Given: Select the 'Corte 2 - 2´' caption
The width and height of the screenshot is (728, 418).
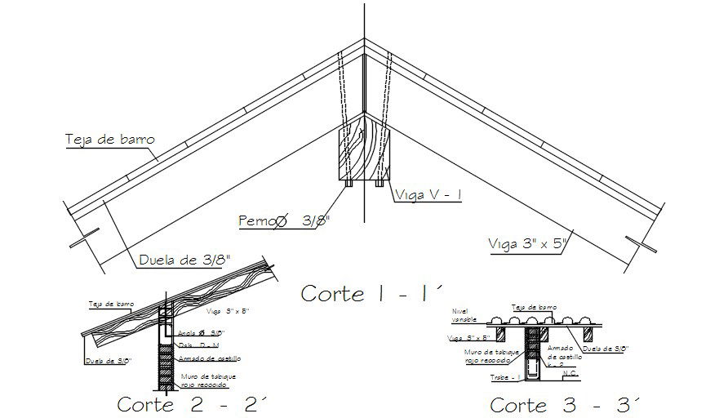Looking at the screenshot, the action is [193, 403].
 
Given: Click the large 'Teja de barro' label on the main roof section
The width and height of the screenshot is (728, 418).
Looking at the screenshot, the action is [109, 139].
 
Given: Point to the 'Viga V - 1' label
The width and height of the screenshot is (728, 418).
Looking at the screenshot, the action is [428, 194].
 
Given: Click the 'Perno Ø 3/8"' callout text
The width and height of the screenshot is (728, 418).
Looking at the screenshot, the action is [285, 220].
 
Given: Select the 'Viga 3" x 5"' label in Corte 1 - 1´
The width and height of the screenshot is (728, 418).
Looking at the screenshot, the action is [526, 242].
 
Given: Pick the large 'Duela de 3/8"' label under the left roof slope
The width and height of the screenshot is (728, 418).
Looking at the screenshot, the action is [184, 260].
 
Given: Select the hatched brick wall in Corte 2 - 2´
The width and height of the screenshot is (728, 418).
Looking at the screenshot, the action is [166, 359].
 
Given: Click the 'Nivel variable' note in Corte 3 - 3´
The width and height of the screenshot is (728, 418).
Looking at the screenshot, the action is [463, 316].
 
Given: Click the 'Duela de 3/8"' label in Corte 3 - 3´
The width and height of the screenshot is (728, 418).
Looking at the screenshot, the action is [604, 349].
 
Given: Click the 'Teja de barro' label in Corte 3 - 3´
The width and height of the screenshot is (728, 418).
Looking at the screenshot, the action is [534, 308].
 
